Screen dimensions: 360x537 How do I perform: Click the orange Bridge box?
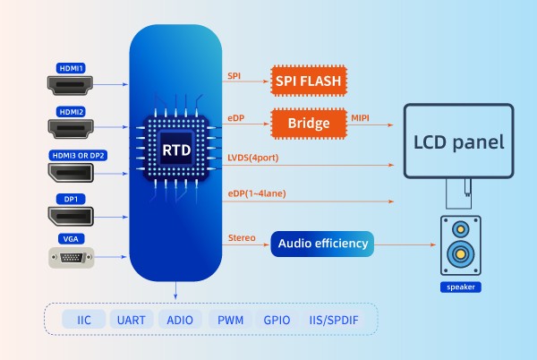point(309,122)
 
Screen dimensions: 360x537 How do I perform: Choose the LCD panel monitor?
point(458,141)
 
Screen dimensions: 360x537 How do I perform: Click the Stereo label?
point(243,236)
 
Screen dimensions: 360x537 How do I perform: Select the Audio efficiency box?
point(321,243)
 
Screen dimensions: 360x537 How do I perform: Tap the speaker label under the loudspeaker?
point(460,287)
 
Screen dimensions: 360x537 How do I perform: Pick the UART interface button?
point(131,319)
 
